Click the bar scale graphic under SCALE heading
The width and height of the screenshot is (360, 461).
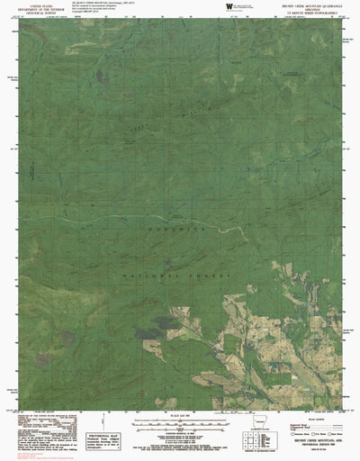[x=179, y=423]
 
